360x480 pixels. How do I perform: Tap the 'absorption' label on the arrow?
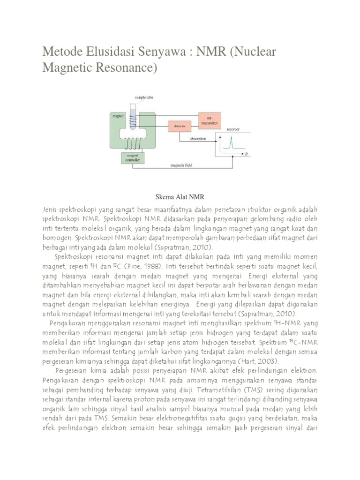coord(200,139)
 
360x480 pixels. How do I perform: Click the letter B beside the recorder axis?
coord(246,153)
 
